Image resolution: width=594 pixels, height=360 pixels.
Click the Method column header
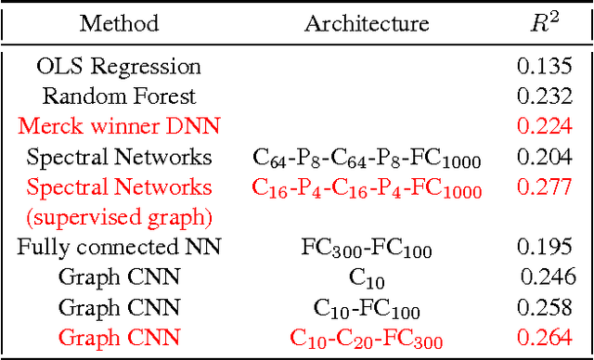pyautogui.click(x=119, y=23)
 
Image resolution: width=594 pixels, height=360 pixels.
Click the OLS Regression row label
pyautogui.click(x=119, y=67)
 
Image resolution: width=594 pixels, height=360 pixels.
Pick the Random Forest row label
pyautogui.click(x=119, y=96)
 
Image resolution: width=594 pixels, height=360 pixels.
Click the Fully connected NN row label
pyautogui.click(x=119, y=248)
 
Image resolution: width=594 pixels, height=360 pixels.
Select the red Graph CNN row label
pyautogui.click(x=119, y=337)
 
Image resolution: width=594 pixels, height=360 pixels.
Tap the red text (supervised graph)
pyautogui.click(x=119, y=217)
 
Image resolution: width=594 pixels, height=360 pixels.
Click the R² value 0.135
pyautogui.click(x=543, y=67)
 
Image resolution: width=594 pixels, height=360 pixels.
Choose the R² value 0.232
pyautogui.click(x=543, y=96)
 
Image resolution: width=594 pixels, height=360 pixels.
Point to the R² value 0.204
pyautogui.click(x=543, y=157)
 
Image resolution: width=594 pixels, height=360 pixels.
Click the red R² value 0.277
pyautogui.click(x=543, y=187)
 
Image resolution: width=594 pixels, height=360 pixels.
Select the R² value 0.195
pyautogui.click(x=543, y=248)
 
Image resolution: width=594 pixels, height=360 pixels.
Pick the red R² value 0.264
pyautogui.click(x=543, y=337)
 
